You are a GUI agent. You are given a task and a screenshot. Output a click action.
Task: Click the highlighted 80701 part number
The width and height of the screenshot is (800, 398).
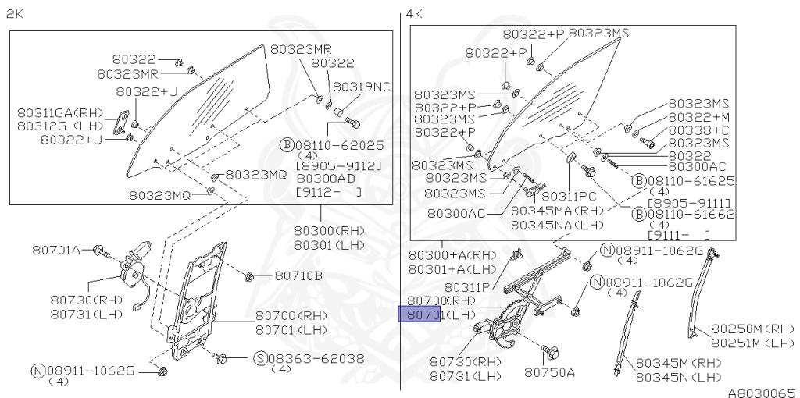tap(422, 314)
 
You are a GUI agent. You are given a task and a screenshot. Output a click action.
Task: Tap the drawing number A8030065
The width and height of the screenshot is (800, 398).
tap(761, 392)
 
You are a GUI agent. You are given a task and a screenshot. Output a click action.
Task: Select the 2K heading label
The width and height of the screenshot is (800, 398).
tap(15, 14)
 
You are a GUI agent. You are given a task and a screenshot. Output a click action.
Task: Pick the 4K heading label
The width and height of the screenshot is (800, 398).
tap(414, 14)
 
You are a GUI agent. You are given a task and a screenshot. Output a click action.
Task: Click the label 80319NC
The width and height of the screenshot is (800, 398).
tap(362, 86)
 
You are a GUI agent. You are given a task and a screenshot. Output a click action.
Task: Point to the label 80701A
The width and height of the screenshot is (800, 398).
tap(56, 250)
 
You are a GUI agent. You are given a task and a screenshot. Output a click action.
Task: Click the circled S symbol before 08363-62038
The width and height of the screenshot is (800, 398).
tap(260, 358)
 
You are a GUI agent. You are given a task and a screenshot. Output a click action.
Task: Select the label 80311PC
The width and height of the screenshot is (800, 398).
tap(569, 197)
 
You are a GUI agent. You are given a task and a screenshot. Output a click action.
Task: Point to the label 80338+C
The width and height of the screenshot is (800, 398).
tap(698, 130)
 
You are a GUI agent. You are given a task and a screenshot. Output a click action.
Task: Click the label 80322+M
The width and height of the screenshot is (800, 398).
tap(698, 116)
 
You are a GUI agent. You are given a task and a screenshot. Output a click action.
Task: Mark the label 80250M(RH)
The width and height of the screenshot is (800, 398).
tap(752, 329)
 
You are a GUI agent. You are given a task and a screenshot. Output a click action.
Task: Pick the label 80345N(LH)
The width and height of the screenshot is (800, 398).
tap(677, 377)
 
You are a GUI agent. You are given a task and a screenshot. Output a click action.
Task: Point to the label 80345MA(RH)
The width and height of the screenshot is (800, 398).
tap(558, 211)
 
